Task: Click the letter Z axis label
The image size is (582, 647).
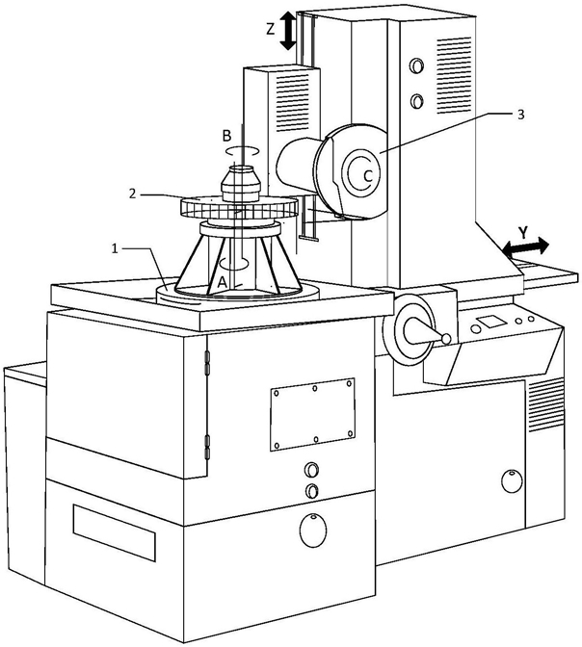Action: coord(271,29)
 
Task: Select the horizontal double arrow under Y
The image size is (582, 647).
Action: coord(524,248)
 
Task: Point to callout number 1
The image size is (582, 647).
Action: coord(116,248)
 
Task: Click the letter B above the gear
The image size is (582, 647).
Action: coord(227,137)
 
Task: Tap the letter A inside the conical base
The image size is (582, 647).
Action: coord(223,280)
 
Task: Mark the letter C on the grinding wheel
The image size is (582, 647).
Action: coord(366,175)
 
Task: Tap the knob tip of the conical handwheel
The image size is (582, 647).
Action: coord(445,337)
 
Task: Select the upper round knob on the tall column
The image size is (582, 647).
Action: coord(416,66)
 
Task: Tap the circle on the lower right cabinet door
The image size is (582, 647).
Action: coord(508,479)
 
